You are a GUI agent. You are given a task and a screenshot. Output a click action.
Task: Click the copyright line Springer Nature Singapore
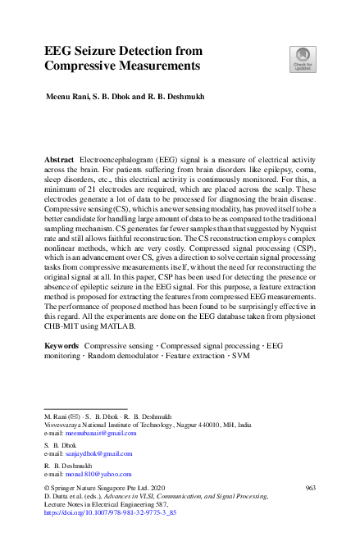pos(104,487)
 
